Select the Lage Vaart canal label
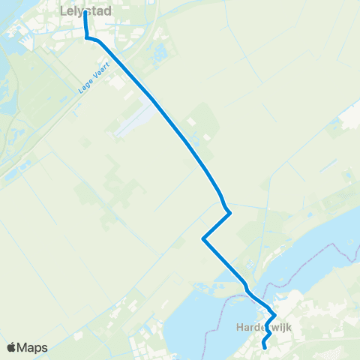tap(94, 78)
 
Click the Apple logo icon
tap(11, 347)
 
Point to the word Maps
tap(32, 347)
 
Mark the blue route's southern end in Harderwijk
tap(265, 347)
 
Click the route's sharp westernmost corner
tap(203, 239)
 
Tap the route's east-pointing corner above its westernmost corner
tap(229, 213)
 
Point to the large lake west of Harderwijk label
tap(195, 322)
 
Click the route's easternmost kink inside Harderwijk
tap(275, 316)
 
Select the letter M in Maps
tap(22, 347)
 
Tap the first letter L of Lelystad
tap(62, 11)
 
